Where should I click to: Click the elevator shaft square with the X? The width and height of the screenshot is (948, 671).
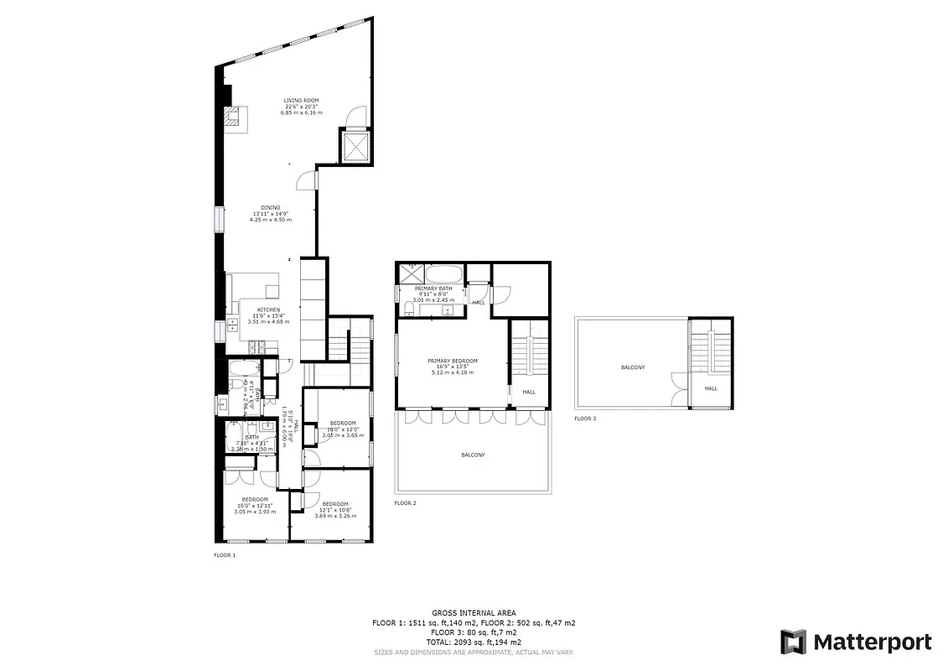pyautogui.click(x=356, y=148)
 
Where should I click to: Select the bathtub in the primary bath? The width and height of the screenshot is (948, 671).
pyautogui.click(x=443, y=273)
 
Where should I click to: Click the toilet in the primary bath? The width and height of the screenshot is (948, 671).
pyautogui.click(x=407, y=309)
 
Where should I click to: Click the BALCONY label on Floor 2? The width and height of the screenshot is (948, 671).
pyautogui.click(x=473, y=455)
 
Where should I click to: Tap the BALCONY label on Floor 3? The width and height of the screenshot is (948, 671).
pyautogui.click(x=633, y=367)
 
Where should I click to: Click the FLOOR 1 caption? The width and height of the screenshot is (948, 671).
pyautogui.click(x=225, y=555)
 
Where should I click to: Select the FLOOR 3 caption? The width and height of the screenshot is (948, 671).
pyautogui.click(x=585, y=418)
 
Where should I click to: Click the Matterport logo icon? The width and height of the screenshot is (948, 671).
pyautogui.click(x=793, y=642)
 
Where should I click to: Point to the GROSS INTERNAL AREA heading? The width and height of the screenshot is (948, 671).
pyautogui.click(x=474, y=613)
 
